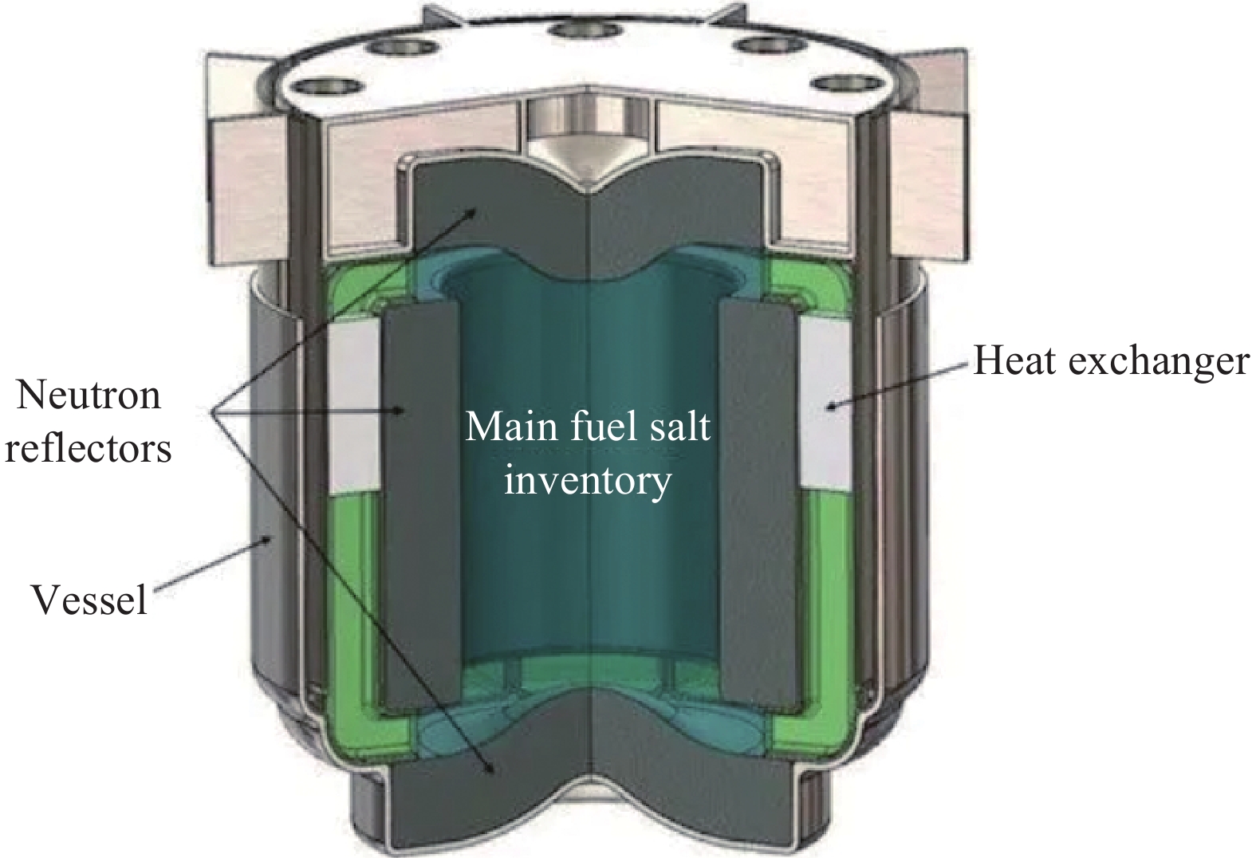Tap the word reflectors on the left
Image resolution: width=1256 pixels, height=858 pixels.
[88, 449]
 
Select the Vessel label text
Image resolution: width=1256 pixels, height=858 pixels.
[89, 599]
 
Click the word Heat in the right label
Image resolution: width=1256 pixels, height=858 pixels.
[1016, 360]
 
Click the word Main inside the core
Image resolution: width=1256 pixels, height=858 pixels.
[511, 427]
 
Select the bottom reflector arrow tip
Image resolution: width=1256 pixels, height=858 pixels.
[494, 773]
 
